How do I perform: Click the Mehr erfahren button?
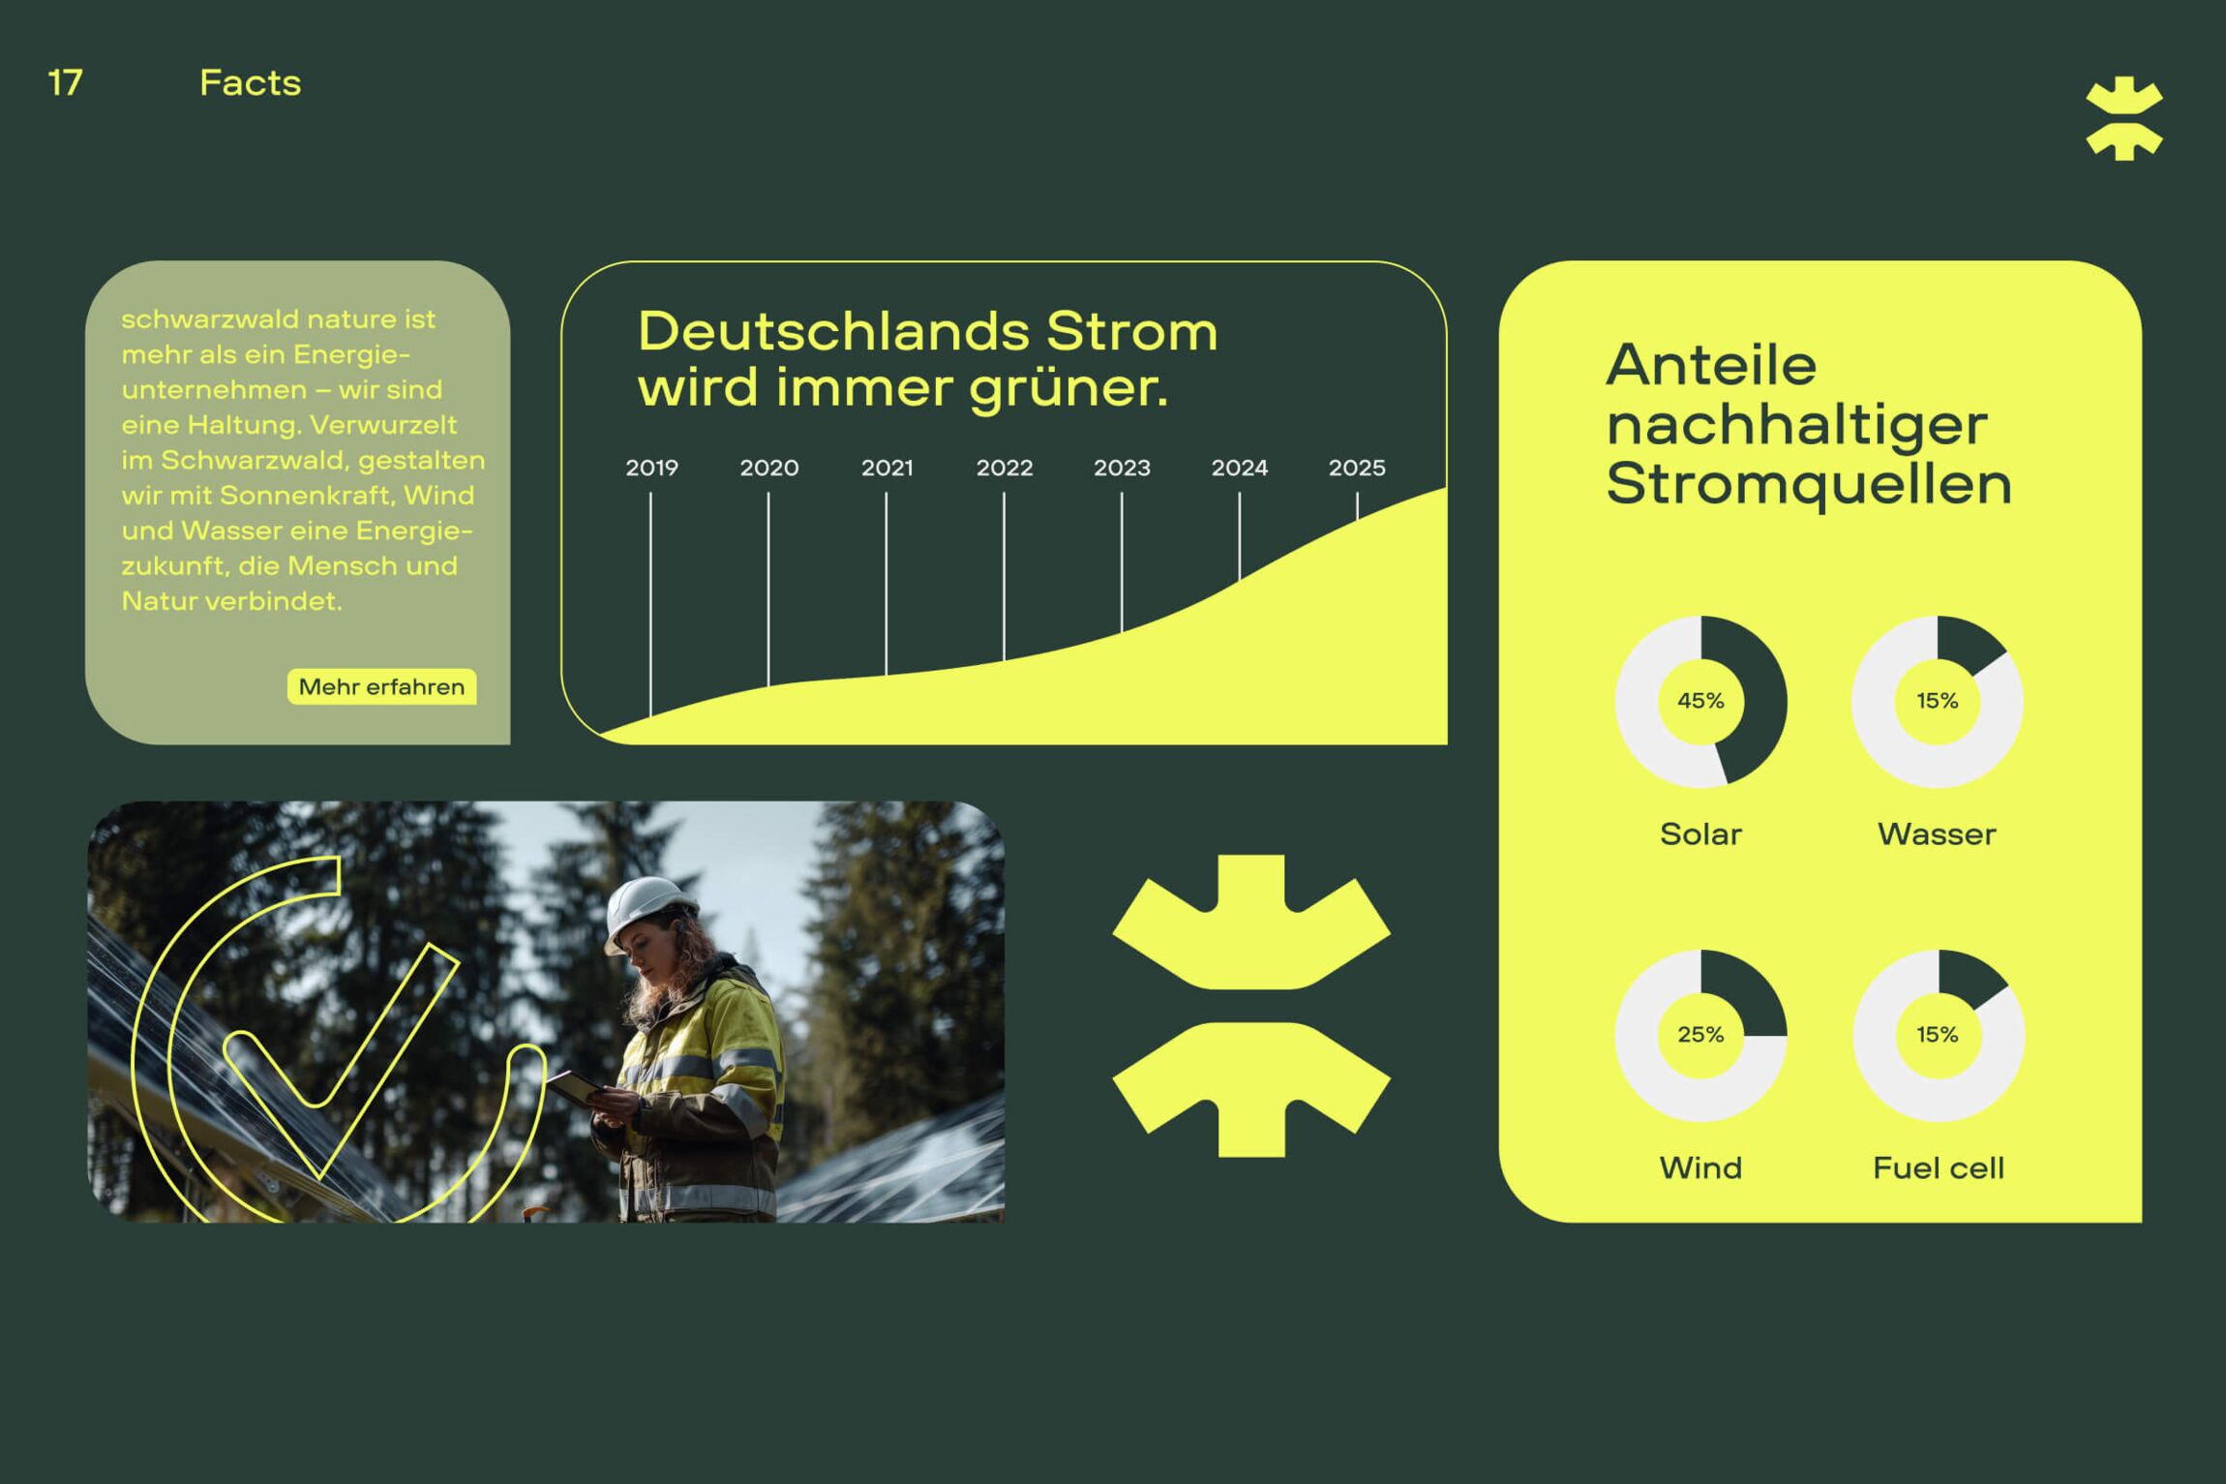[381, 686]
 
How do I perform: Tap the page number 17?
[65, 83]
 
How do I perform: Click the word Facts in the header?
[250, 83]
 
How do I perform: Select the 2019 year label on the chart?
[651, 468]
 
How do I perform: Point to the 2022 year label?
[1005, 468]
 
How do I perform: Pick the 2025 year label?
[1357, 468]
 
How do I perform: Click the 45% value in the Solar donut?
[1700, 701]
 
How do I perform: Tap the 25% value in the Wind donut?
[1700, 1035]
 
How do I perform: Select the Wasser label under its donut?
[1937, 834]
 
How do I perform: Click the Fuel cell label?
[1938, 1168]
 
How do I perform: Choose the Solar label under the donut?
[1700, 834]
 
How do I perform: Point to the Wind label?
[1700, 1168]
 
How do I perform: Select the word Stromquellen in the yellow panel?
[1808, 484]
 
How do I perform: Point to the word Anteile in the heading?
[1711, 365]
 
